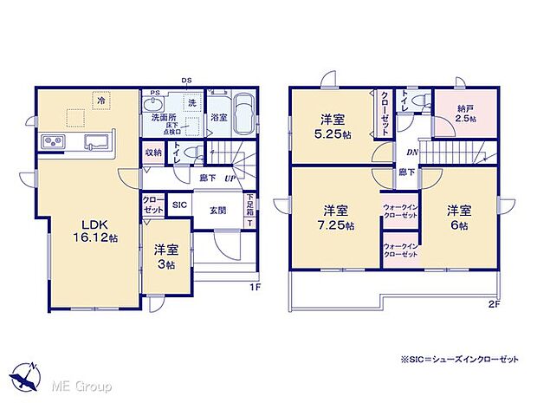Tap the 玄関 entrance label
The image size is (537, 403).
(217, 209)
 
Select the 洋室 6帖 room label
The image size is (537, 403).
(459, 218)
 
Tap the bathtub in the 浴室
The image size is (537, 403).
(242, 114)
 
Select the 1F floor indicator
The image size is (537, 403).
(256, 286)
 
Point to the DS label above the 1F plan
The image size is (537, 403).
(186, 81)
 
